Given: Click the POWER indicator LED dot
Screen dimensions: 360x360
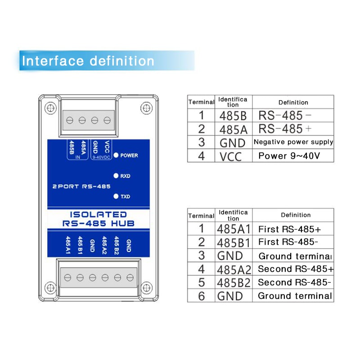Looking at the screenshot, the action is click(x=116, y=155).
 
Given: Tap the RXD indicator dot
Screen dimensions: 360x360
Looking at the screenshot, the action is click(x=116, y=176).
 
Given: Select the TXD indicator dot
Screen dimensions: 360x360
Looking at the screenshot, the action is click(x=116, y=196).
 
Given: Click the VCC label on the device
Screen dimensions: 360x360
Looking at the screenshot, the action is click(x=107, y=147).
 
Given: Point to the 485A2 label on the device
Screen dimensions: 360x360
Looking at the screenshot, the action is click(x=104, y=245).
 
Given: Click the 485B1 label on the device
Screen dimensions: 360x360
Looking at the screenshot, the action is click(x=80, y=245).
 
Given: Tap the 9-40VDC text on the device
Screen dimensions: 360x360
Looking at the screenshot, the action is click(x=101, y=157).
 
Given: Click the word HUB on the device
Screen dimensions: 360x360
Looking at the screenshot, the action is click(x=122, y=223).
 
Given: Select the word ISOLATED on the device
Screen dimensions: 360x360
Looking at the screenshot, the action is click(x=98, y=215).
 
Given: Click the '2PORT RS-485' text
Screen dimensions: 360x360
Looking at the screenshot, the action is click(x=81, y=186).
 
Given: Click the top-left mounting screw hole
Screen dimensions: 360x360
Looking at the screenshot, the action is click(x=50, y=108).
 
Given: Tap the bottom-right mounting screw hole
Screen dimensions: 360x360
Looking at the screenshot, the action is click(x=147, y=288).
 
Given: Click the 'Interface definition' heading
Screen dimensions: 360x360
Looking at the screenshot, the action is click(x=88, y=61).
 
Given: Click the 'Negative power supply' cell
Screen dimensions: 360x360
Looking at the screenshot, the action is click(x=293, y=142).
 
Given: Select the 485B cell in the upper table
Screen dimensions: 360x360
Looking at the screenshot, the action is click(x=233, y=116).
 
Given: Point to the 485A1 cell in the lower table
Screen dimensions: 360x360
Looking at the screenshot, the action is click(x=234, y=229).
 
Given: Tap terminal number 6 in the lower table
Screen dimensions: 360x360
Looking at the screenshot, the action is click(x=201, y=296).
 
